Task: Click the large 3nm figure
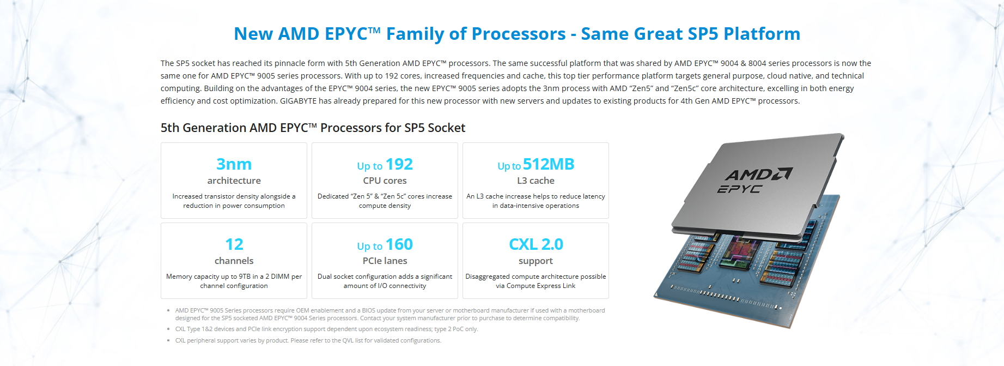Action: [x=234, y=164]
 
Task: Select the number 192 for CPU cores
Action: [x=399, y=164]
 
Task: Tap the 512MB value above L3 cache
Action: [x=549, y=164]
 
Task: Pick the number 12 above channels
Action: [x=234, y=244]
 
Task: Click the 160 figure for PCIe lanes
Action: [x=399, y=244]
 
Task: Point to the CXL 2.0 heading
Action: [x=536, y=244]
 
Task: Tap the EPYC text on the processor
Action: [x=739, y=189]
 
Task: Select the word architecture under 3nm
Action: [x=234, y=181]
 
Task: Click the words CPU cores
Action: [x=385, y=181]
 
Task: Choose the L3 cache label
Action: [x=536, y=181]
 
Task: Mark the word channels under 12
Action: [x=234, y=261]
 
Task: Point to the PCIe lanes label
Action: [x=385, y=261]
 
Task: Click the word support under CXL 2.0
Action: [x=536, y=261]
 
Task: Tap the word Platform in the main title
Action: [x=762, y=34]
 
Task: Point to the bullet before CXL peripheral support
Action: [x=168, y=340]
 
